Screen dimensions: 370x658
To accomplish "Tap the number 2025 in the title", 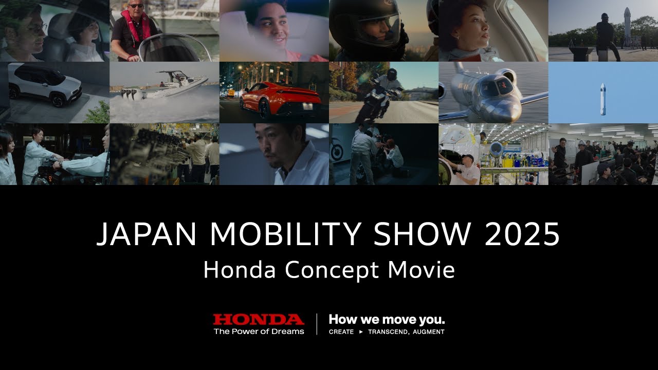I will (x=522, y=234).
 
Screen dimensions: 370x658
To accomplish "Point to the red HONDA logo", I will (x=259, y=320).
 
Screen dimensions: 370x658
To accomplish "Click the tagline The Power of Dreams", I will (x=259, y=331).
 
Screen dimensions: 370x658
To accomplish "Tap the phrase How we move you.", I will (x=387, y=320).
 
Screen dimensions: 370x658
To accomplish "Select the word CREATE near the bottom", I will (x=341, y=332).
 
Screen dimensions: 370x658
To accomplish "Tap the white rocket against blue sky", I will (x=602, y=99).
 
